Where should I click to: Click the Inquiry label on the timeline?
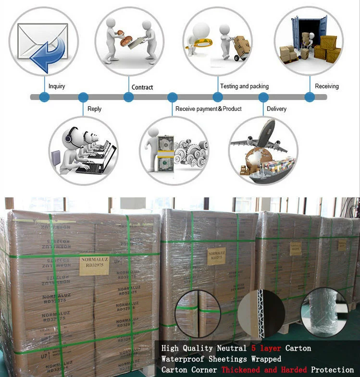tap(57, 86)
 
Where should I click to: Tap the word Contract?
tap(142, 87)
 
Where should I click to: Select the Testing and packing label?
tap(244, 86)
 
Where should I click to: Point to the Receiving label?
tap(327, 86)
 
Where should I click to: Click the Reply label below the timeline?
tap(95, 109)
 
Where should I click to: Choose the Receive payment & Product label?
tap(209, 109)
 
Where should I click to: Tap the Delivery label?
tap(276, 109)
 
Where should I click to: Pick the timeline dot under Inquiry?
tap(44, 97)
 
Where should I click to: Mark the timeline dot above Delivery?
tap(263, 97)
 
